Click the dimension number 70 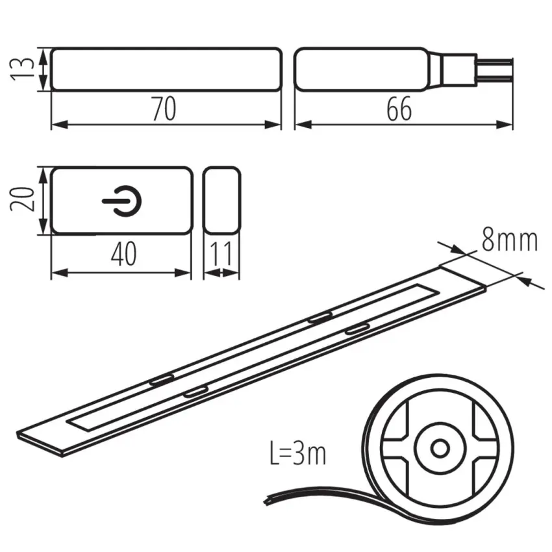[x=164, y=109]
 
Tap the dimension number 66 [x=399, y=109]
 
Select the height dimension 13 [x=22, y=69]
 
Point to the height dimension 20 [x=22, y=199]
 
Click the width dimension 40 [x=123, y=254]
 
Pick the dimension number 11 [x=221, y=254]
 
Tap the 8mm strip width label [x=509, y=240]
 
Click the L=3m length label [x=298, y=453]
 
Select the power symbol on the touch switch [x=122, y=201]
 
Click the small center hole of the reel [x=440, y=449]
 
